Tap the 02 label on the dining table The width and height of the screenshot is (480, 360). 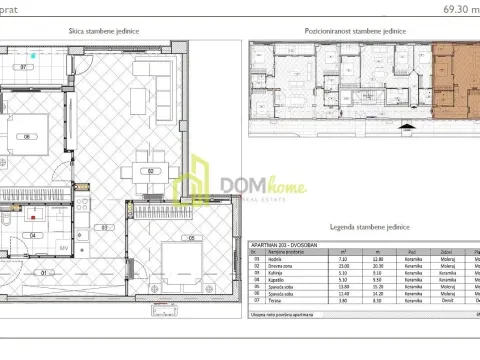[x=151, y=171]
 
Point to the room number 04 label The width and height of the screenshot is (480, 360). [x=34, y=235]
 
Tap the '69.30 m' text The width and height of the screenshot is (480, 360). [x=458, y=7]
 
